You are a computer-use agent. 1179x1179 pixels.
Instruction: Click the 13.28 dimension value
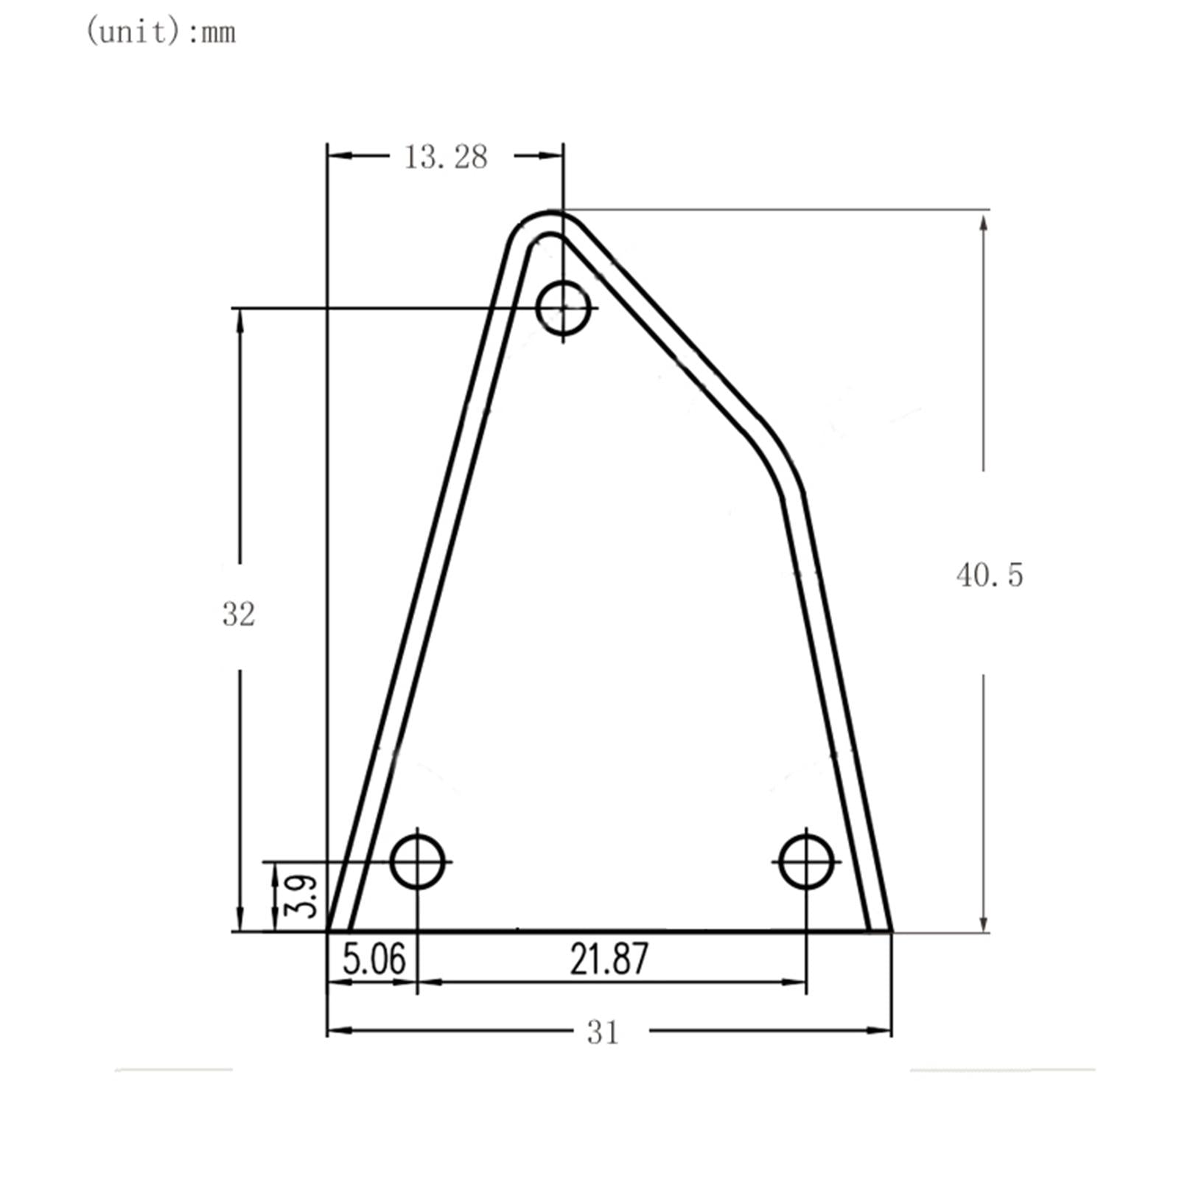pos(446,157)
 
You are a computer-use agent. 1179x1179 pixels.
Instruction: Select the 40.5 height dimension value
pos(990,575)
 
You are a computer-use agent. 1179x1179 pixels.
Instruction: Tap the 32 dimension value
pos(239,614)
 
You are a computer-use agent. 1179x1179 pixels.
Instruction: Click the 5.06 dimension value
pos(374,959)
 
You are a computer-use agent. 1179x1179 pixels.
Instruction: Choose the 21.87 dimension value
pos(609,959)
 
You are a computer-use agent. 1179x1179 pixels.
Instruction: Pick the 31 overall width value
pos(603,1033)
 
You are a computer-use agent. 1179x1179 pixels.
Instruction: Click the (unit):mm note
pos(161,32)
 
